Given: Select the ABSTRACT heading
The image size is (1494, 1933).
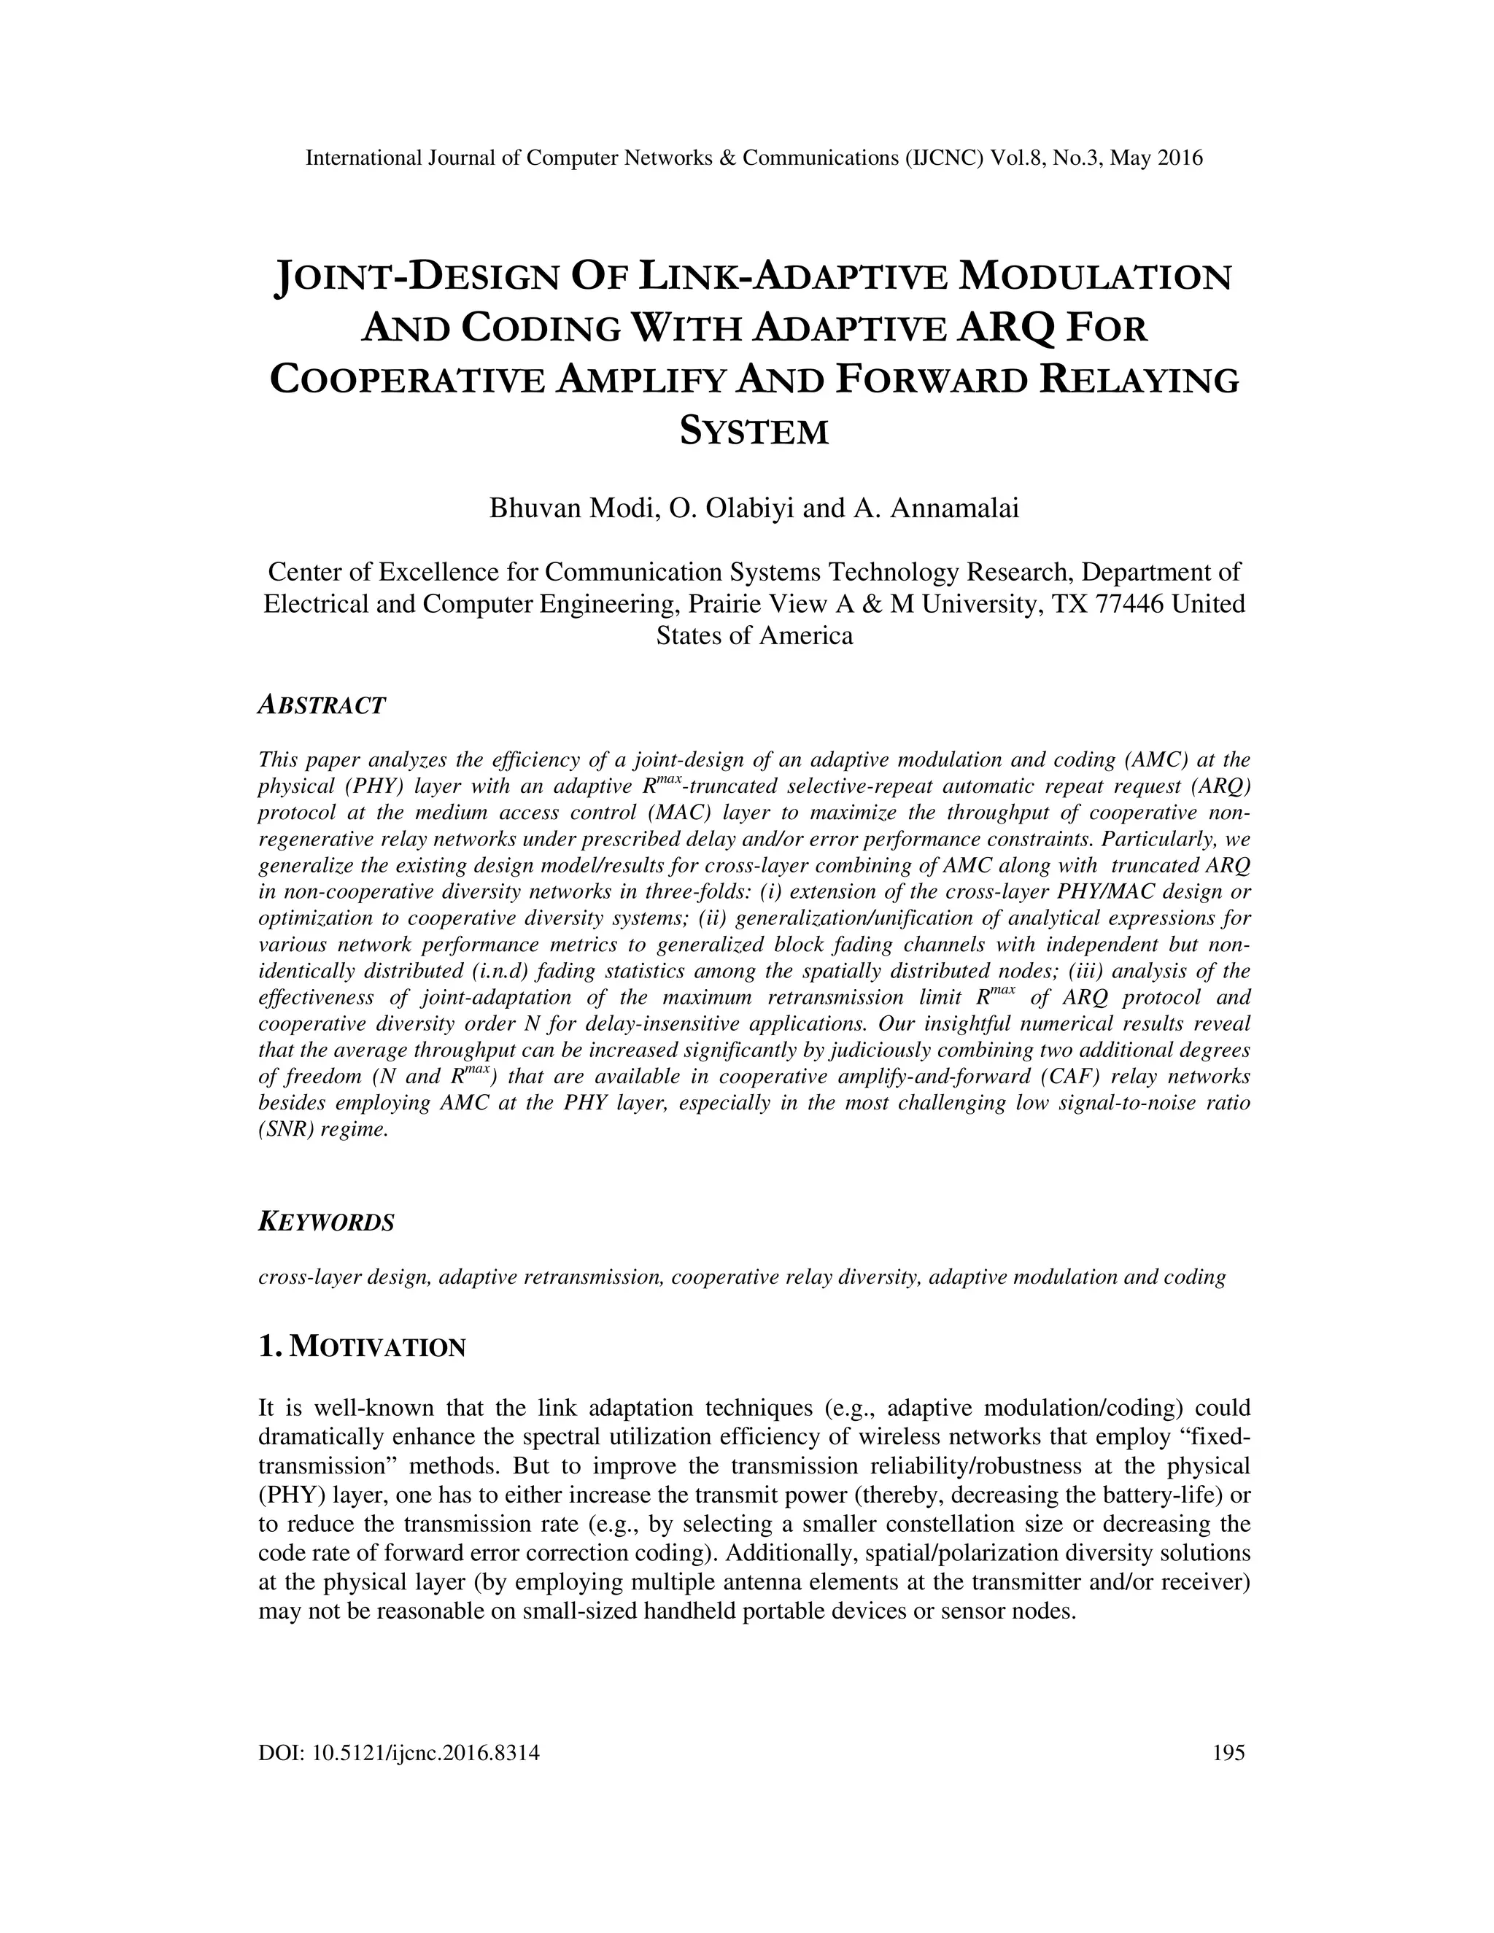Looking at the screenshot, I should pyautogui.click(x=321, y=705).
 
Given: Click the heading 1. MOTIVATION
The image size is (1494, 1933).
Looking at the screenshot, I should pyautogui.click(x=361, y=1347).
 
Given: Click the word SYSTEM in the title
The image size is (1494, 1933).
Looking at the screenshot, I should pyautogui.click(x=754, y=432).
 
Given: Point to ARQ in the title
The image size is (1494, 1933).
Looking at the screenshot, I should pyautogui.click(x=1007, y=328).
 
